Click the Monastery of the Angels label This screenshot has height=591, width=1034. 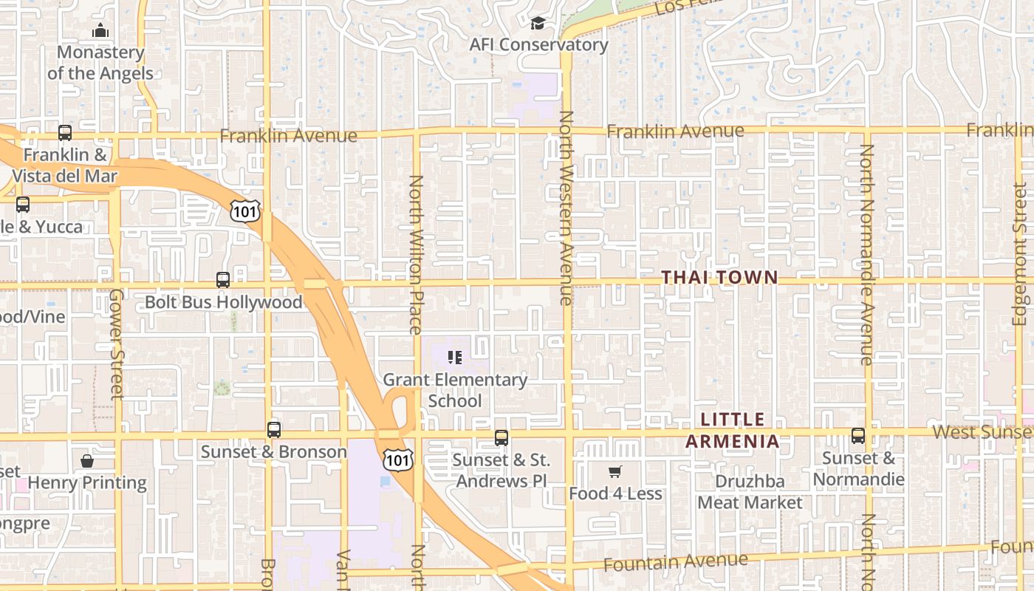point(100,63)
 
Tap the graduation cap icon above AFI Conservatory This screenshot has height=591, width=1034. point(538,24)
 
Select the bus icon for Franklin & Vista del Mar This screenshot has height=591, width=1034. point(65,133)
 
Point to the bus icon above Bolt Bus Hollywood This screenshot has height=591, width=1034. point(223,280)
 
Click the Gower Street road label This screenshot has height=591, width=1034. point(116,344)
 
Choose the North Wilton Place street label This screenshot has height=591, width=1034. point(416,254)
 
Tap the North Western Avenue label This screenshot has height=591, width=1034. point(566,208)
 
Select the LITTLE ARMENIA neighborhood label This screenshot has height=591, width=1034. point(733,431)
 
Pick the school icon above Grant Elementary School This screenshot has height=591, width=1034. point(455,358)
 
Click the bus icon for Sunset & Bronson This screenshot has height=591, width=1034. point(274,430)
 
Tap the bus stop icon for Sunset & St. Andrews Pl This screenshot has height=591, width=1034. point(501,438)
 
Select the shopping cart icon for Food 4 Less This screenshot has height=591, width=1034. point(614,472)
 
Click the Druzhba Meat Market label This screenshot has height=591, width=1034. point(750,492)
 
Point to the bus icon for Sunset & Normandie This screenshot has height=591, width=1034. point(857,436)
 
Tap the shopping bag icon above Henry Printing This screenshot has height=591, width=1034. point(87,462)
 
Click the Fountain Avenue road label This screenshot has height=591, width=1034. point(675,563)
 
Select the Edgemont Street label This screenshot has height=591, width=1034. point(1020,254)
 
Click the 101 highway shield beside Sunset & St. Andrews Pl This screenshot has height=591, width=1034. point(397,460)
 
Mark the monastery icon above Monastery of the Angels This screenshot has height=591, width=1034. point(100,30)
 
